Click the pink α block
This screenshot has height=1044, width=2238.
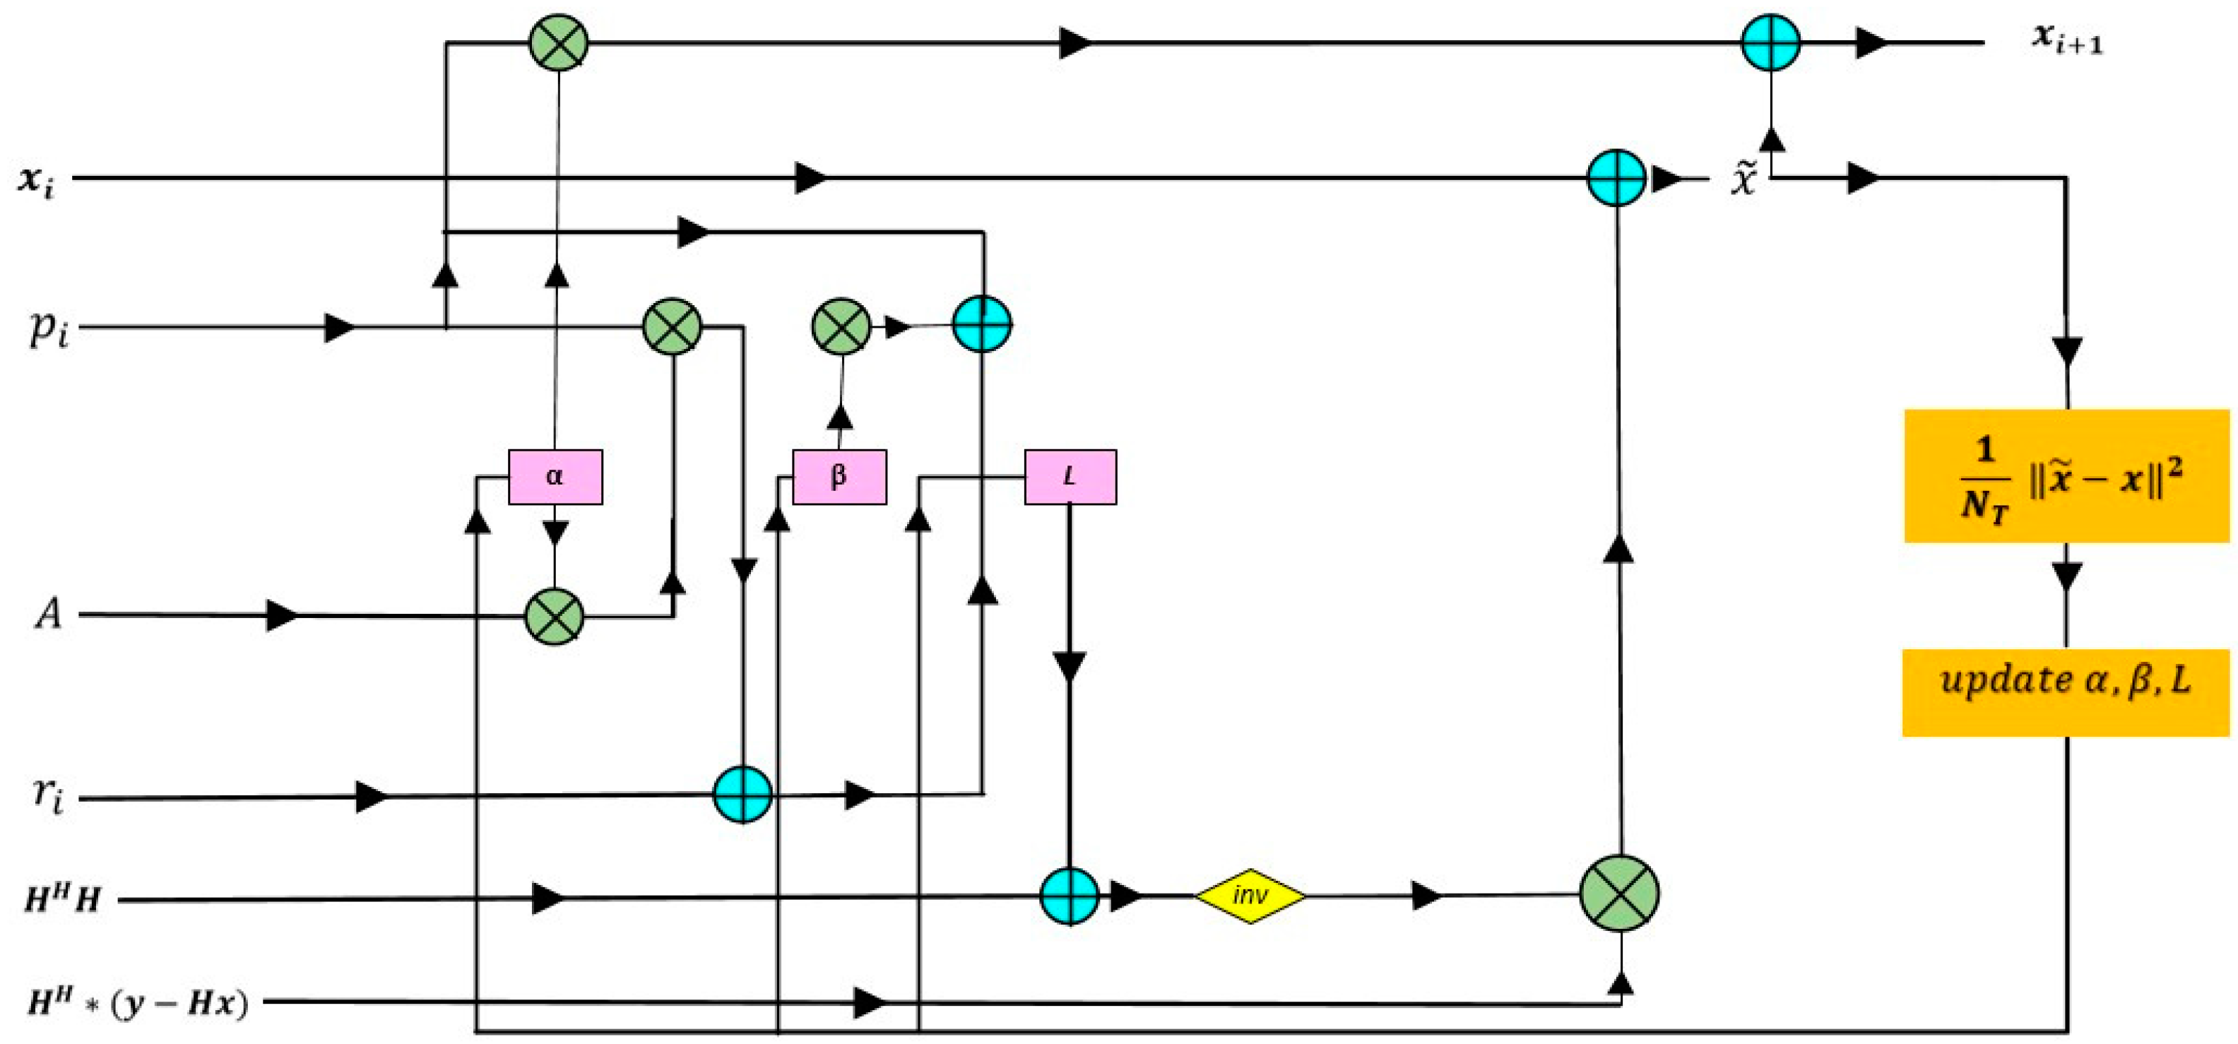[555, 477]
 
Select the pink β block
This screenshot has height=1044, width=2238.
[839, 477]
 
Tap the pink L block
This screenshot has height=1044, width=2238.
[1070, 477]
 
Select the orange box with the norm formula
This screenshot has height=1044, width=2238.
[2065, 476]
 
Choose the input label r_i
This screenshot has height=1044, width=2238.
[48, 795]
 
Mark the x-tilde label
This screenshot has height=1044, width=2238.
[1743, 179]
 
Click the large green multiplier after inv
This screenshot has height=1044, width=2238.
[1618, 894]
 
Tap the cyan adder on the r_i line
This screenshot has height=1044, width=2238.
[742, 794]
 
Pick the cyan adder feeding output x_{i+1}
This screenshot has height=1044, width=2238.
[1770, 42]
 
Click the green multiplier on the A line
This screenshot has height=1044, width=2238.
[555, 616]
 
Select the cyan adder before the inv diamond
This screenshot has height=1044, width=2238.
[1070, 896]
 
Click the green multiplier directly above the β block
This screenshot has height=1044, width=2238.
[840, 326]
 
